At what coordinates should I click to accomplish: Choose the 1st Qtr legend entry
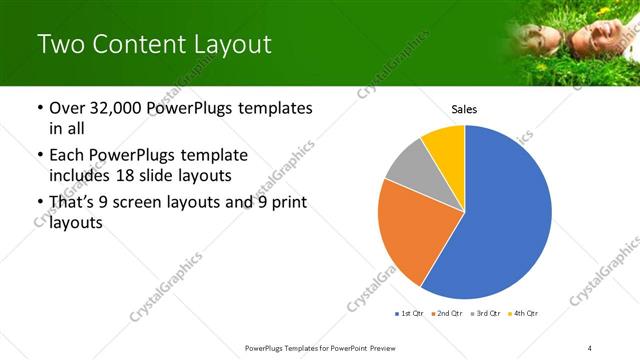(410, 314)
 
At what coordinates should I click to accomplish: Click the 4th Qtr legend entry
(525, 314)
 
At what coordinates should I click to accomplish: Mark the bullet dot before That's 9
(38, 203)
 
